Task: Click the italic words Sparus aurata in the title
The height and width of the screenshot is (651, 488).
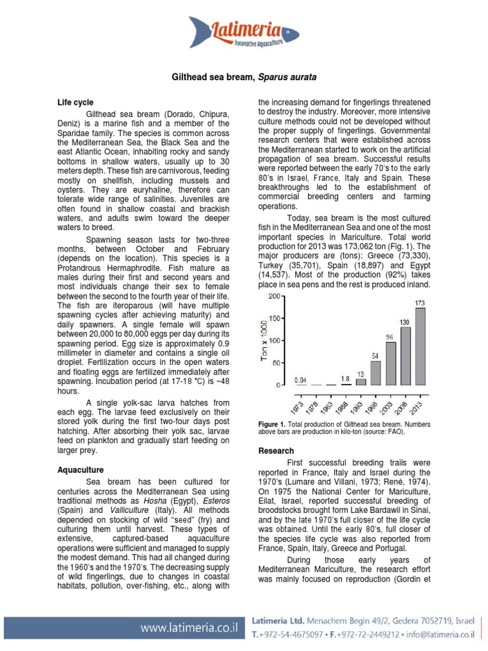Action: tap(287, 77)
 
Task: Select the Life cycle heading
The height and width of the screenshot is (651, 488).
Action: tap(75, 102)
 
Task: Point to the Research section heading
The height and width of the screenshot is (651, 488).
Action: tap(276, 451)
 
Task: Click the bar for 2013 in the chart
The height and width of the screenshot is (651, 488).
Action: tap(420, 346)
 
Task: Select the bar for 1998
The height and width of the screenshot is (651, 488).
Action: tap(376, 373)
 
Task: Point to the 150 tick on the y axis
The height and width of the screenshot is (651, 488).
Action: tap(274, 319)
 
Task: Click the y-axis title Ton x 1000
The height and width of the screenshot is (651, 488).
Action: tap(264, 341)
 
